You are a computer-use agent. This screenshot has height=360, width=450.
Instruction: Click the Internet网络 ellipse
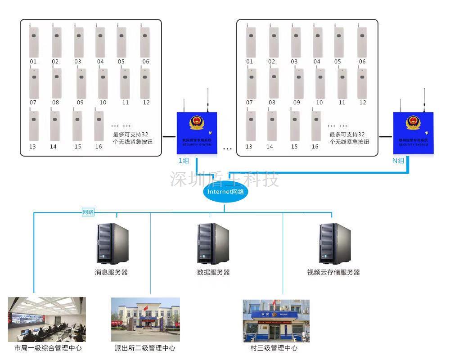(225, 192)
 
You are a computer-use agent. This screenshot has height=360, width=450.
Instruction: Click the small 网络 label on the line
(88, 212)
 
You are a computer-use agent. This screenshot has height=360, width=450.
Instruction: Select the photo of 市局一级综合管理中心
(47, 319)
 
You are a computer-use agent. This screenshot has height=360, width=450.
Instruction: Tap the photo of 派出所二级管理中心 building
(145, 319)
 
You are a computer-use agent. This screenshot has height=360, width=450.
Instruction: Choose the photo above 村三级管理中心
(276, 320)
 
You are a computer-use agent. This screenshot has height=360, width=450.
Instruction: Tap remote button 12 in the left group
(145, 83)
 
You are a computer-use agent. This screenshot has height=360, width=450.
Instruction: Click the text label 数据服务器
(213, 272)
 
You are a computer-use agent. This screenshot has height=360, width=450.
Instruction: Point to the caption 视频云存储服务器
(333, 272)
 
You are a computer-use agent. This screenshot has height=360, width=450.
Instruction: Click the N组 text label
(398, 161)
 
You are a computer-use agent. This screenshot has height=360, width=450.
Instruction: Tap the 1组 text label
(184, 161)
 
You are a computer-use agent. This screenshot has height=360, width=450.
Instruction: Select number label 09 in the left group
(80, 103)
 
